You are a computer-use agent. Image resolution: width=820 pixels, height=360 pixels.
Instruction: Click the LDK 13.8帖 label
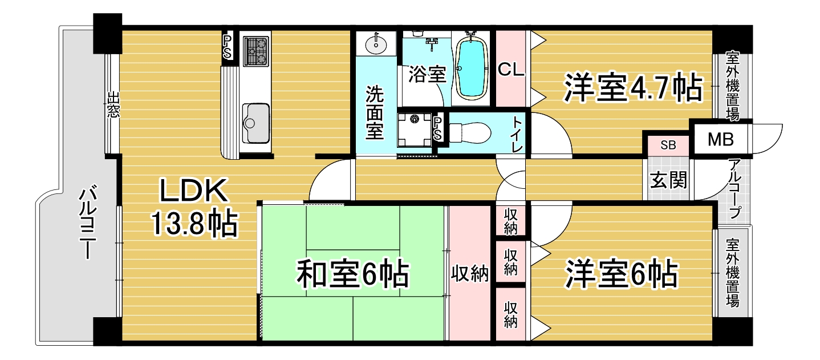194,208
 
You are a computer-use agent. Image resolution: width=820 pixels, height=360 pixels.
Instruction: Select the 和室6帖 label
353,274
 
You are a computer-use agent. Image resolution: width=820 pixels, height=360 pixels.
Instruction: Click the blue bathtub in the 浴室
472,67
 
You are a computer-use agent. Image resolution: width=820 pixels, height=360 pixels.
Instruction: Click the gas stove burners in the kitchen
256,51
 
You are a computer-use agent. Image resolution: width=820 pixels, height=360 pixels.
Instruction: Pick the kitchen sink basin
256,123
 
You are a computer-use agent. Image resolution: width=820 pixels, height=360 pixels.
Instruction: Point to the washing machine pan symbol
415,130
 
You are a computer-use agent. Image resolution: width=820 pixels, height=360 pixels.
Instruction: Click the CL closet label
511,69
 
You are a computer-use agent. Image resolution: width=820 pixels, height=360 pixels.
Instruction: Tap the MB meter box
720,139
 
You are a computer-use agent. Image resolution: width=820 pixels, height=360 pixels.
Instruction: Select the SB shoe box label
668,145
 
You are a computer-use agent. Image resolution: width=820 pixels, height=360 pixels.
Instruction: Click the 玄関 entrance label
668,180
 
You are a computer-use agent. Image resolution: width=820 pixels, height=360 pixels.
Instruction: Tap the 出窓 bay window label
113,105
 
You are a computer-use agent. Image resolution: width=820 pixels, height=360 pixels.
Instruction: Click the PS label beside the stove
228,47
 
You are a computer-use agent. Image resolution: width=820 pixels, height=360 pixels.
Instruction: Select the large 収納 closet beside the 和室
470,274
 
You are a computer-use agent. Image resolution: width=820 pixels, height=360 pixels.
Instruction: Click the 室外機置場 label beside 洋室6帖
733,273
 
